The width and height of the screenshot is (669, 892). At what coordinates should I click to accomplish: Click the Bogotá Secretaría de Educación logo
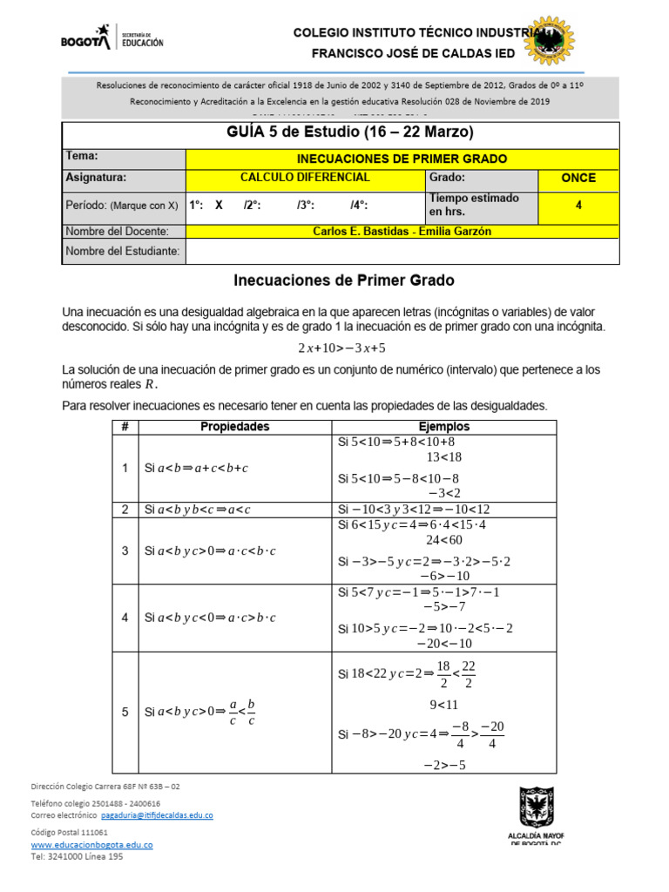(x=111, y=37)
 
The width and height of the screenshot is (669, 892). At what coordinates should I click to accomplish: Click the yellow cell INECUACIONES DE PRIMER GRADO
(x=402, y=159)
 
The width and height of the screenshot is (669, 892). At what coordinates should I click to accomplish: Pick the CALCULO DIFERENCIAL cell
(x=305, y=178)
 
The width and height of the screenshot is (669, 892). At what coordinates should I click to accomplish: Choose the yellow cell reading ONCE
(x=578, y=178)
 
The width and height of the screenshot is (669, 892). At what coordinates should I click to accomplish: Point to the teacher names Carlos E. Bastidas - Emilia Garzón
(x=402, y=231)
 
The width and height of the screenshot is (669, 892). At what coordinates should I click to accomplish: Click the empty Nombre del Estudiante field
(x=402, y=251)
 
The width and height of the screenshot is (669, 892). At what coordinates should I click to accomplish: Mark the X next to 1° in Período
(x=219, y=206)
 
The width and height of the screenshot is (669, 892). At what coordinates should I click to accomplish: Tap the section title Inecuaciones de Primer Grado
(x=344, y=281)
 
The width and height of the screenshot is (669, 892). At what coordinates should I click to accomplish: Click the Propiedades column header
(x=235, y=427)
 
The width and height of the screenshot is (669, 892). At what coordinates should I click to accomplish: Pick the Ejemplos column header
(x=444, y=427)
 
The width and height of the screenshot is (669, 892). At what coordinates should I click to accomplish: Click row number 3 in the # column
(x=125, y=551)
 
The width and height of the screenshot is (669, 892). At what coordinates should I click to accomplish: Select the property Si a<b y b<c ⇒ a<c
(x=198, y=510)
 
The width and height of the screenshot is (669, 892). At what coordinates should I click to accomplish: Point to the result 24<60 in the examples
(x=444, y=540)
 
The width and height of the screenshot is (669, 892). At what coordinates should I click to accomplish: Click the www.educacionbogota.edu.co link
(x=92, y=845)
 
